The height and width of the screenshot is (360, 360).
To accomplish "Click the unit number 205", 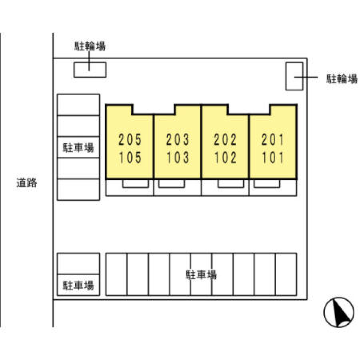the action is (x=130, y=139).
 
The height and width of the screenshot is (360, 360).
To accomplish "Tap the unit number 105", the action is (x=130, y=157).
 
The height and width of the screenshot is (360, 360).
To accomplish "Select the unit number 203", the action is (x=178, y=139).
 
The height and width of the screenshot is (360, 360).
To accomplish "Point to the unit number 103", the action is (x=178, y=157).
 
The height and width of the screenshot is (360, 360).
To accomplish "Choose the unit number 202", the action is (x=225, y=139).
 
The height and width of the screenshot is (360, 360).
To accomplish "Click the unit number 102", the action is (x=225, y=157).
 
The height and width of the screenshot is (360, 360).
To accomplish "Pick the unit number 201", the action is (x=273, y=139).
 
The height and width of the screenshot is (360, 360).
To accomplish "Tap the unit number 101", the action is (x=273, y=157).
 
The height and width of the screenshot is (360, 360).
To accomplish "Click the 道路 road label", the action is (x=27, y=183).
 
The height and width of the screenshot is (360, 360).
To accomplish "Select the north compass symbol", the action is (x=339, y=312).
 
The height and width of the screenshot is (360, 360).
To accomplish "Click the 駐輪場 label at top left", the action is (x=90, y=46).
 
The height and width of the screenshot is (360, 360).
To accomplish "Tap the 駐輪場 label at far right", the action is (x=342, y=79).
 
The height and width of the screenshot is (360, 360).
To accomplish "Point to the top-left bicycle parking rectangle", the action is (x=90, y=70).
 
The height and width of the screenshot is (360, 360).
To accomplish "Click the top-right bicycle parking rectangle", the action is (x=294, y=76).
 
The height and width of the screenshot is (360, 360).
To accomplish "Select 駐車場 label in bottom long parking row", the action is (x=201, y=275).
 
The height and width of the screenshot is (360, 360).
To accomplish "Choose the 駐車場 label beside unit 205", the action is (x=78, y=148).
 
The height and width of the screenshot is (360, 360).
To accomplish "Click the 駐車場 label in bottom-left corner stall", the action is (x=78, y=285).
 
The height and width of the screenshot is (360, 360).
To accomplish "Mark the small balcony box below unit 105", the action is (x=135, y=184).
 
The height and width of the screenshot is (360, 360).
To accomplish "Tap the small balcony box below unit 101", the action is (x=267, y=184).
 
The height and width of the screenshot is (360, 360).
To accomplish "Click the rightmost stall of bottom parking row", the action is (x=286, y=274).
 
